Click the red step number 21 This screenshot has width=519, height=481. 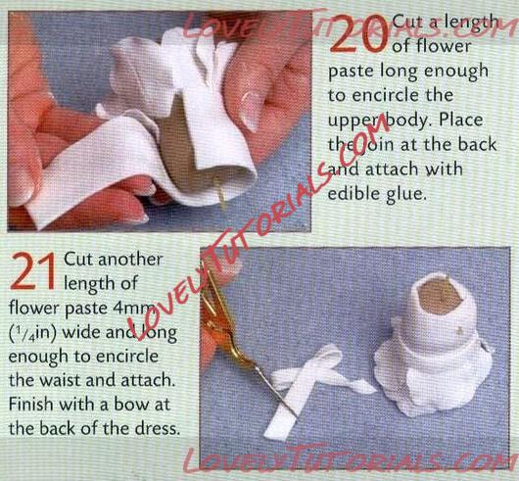[x=33, y=271]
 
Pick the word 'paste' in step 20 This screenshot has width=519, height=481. [x=351, y=72]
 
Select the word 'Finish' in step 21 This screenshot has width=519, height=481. [x=30, y=404]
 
